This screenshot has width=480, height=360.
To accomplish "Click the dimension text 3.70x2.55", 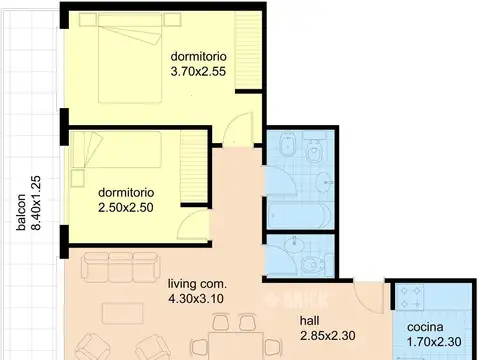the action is pyautogui.click(x=198, y=72).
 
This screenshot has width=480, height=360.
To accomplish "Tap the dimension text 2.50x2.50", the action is pyautogui.click(x=126, y=208).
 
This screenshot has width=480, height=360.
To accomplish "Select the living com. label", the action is pyautogui.click(x=197, y=284).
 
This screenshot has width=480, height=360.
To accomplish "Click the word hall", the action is pyautogui.click(x=309, y=321).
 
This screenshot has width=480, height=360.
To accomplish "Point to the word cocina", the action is pyautogui.click(x=425, y=327).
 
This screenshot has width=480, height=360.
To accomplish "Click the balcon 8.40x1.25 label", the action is pyautogui.click(x=29, y=203).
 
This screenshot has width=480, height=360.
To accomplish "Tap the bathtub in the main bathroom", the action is pyautogui.click(x=299, y=215).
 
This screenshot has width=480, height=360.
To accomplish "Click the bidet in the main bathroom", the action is pyautogui.click(x=287, y=144).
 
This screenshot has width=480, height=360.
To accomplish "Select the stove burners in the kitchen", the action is pyautogui.click(x=410, y=297).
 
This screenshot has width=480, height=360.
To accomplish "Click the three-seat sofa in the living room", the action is pyautogui.click(x=120, y=267).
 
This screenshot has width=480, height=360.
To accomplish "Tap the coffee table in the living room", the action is pyautogui.click(x=123, y=313).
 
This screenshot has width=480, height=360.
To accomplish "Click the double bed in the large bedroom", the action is pyautogui.click(x=130, y=58).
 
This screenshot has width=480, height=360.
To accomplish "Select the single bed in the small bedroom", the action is pyautogui.click(x=117, y=150).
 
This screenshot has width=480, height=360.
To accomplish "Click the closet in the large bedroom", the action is pyautogui.click(x=248, y=51).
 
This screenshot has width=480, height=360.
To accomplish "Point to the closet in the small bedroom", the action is pyautogui.click(x=194, y=167).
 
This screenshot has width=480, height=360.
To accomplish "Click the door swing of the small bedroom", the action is pyautogui.click(x=194, y=224).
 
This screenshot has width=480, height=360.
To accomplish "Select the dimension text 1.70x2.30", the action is pyautogui.click(x=434, y=342).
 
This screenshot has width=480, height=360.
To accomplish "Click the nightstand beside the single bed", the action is pyautogui.click(x=77, y=178).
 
